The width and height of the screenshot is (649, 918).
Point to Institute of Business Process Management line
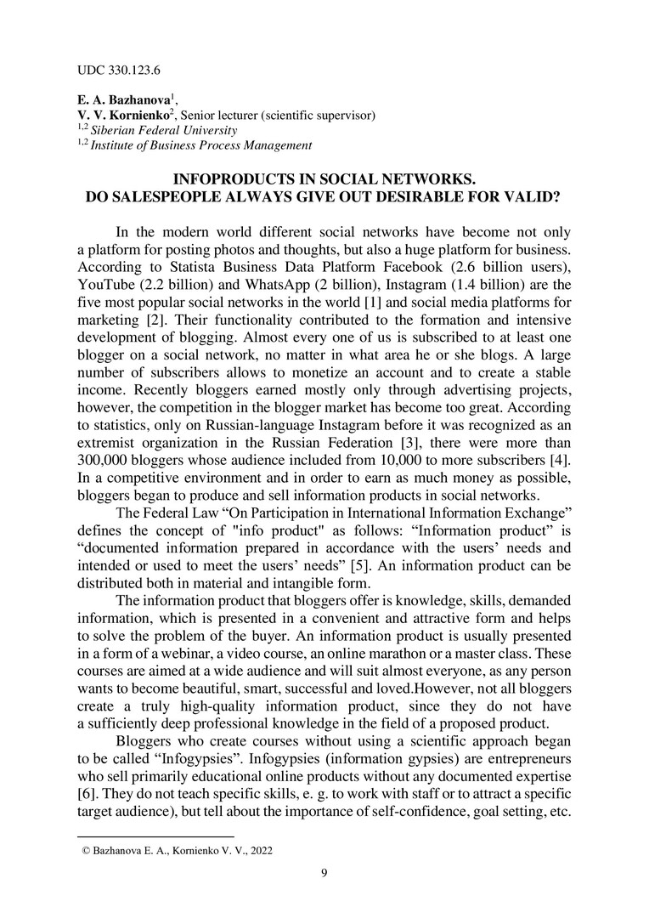[x=201, y=145]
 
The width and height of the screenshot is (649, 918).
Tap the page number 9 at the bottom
[x=324, y=872]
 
